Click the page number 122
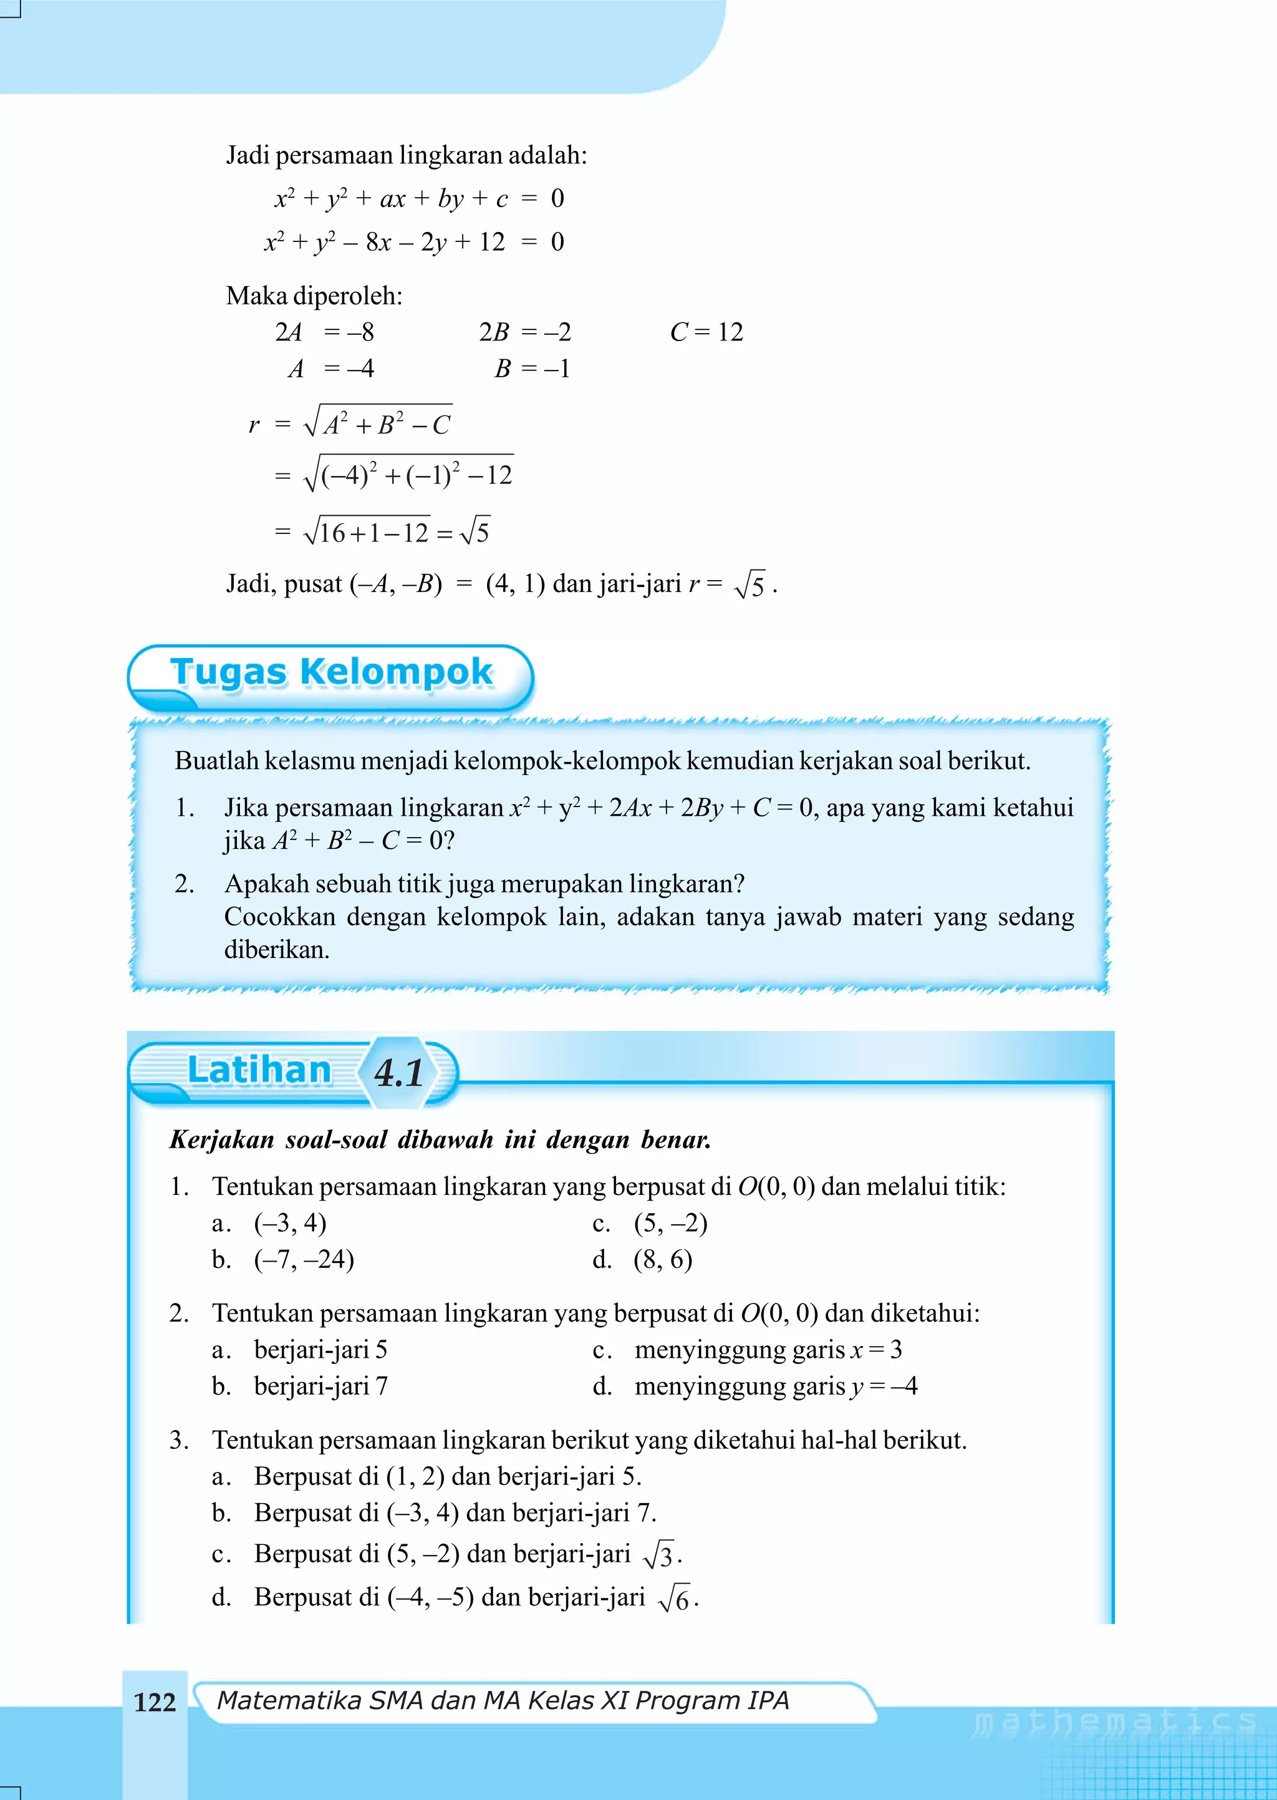pyautogui.click(x=155, y=1703)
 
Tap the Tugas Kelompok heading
pyautogui.click(x=331, y=673)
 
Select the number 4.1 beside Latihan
pyautogui.click(x=400, y=1073)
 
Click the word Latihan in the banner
pyautogui.click(x=259, y=1070)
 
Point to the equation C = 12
pyautogui.click(x=706, y=332)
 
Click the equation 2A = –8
pyautogui.click(x=324, y=332)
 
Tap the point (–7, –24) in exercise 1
pyautogui.click(x=304, y=1259)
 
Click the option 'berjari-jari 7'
pyautogui.click(x=321, y=1386)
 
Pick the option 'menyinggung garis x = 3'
pyautogui.click(x=768, y=1350)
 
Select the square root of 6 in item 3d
pyautogui.click(x=675, y=1598)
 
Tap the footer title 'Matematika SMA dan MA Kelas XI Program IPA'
pyautogui.click(x=503, y=1700)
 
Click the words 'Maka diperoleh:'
pyautogui.click(x=314, y=296)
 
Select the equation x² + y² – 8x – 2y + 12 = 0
pyautogui.click(x=413, y=242)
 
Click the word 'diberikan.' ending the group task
pyautogui.click(x=277, y=949)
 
